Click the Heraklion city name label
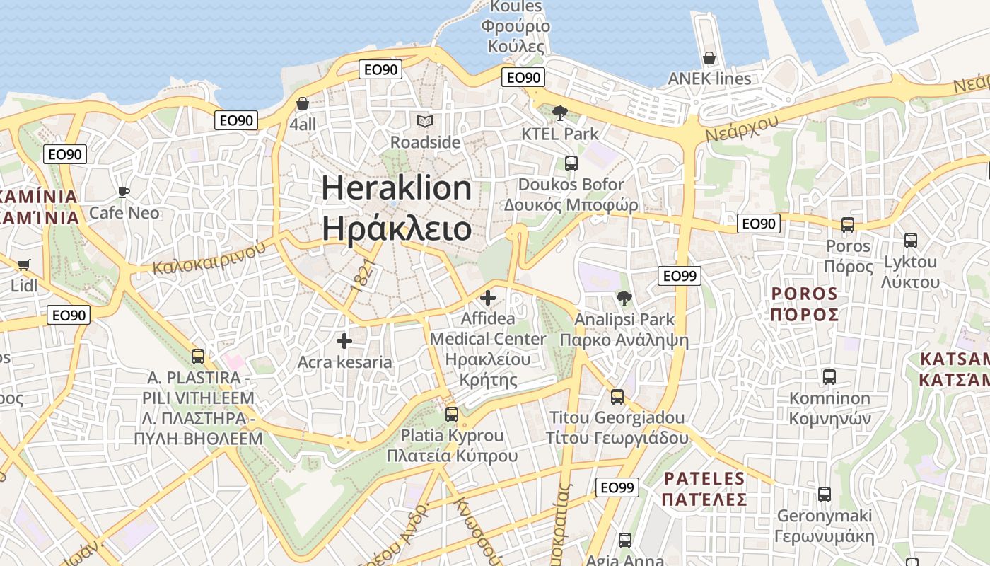[396, 208]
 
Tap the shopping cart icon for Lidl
[24, 265]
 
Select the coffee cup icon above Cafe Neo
[124, 192]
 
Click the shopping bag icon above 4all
[303, 103]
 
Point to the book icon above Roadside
[424, 122]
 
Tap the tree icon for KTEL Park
[559, 112]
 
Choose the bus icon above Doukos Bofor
[571, 163]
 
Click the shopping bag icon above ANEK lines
[709, 57]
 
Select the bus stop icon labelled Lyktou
[911, 241]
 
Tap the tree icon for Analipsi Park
[624, 299]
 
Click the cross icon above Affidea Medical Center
[488, 298]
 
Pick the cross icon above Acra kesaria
[344, 342]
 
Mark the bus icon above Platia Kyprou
[452, 415]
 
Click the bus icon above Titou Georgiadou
[617, 396]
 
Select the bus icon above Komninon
[829, 377]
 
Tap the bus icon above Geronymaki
[825, 495]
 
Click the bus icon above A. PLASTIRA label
[198, 357]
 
